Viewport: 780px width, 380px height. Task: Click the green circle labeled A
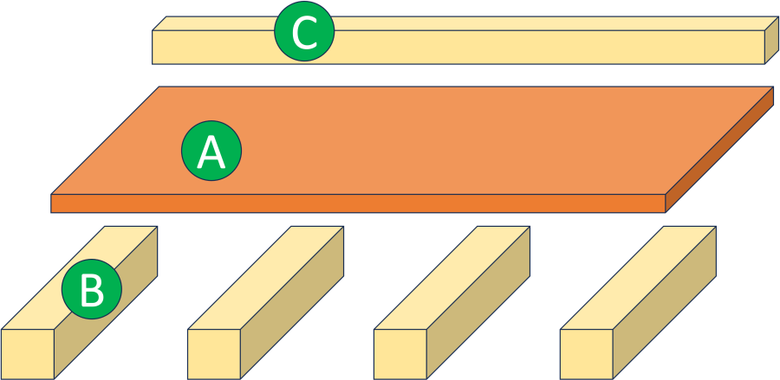[x=211, y=151]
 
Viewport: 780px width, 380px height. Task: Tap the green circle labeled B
[x=91, y=290]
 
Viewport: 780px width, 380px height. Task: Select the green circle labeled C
[x=303, y=33]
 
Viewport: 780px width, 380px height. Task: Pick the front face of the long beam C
[x=520, y=48]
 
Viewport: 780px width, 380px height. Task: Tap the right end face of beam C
[x=770, y=42]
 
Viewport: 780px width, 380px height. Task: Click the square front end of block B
[x=28, y=354]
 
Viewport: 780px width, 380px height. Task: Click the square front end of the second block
[x=213, y=354]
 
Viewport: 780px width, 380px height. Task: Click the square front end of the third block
[x=400, y=354]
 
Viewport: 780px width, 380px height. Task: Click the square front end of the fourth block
[x=586, y=354]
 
